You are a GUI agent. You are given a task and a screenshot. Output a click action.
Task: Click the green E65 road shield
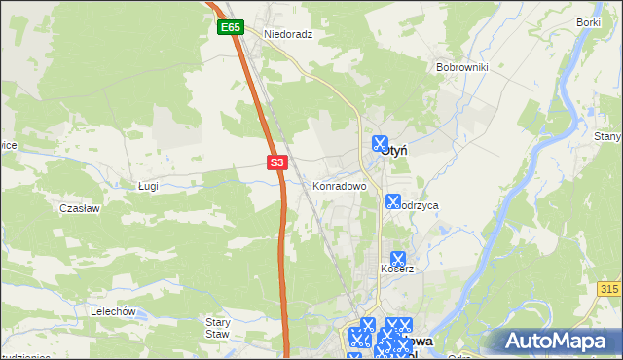tap(230, 28)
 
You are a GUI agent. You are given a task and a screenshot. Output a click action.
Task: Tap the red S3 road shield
tap(277, 162)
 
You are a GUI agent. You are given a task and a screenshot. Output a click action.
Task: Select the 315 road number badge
tap(609, 289)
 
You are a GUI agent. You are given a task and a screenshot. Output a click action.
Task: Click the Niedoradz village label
tap(288, 32)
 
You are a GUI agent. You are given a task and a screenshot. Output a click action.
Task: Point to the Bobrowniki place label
tap(461, 67)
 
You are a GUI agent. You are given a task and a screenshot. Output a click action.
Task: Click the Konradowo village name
tap(339, 185)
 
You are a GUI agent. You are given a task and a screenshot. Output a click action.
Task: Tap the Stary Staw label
tap(217, 327)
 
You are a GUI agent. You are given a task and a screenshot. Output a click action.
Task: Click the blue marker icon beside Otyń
tap(379, 143)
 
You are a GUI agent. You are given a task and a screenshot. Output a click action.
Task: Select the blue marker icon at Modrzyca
tap(393, 202)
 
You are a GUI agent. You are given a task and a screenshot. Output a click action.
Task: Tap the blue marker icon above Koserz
tap(397, 259)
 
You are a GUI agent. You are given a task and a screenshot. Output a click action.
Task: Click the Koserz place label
tap(397, 269)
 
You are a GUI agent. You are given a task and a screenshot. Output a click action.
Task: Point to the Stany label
tap(607, 137)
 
